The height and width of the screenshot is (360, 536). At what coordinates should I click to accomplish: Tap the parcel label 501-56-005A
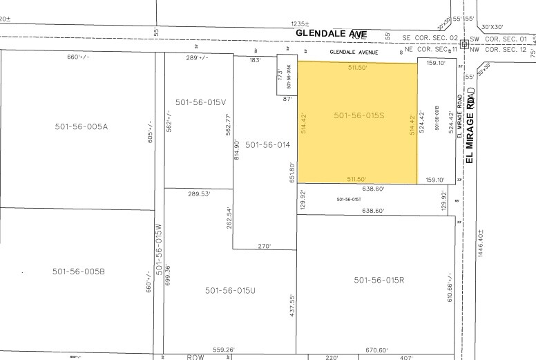pos(82,126)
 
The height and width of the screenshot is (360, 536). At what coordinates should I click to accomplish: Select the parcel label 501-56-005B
pos(79,272)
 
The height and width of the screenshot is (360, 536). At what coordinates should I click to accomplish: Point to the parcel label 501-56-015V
pos(201,102)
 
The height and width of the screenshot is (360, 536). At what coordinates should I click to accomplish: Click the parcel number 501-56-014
pos(267,144)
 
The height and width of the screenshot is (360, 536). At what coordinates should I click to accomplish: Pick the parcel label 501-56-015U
pos(230,291)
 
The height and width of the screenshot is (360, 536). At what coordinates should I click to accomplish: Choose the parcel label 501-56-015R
pos(379,280)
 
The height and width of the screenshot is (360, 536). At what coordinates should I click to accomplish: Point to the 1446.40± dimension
pos(481,253)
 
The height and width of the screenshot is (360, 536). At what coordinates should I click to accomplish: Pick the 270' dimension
pos(265,245)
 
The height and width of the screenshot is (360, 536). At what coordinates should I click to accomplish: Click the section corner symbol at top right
pos(465,42)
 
